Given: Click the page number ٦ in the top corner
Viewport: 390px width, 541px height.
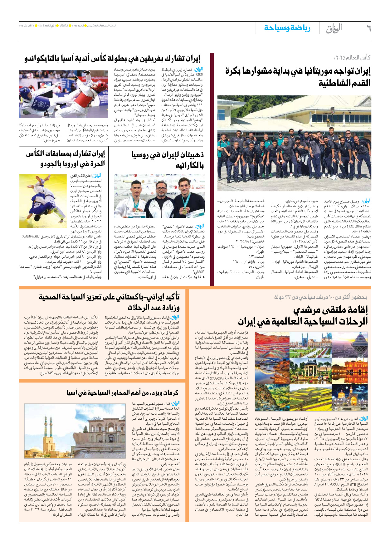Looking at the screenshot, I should point(368,28).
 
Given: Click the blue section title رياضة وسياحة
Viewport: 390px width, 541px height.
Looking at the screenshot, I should point(287,28).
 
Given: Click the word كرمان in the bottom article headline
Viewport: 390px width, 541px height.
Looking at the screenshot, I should point(170,392).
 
